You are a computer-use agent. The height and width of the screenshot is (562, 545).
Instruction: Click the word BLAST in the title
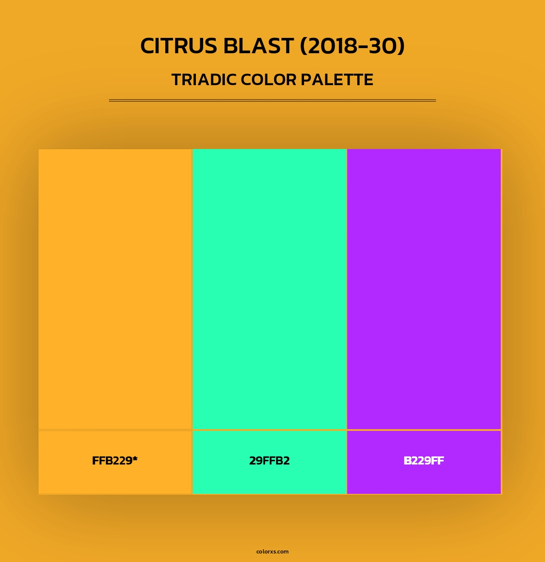click(x=258, y=46)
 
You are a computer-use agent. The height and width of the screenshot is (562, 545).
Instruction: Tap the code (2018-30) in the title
click(x=352, y=46)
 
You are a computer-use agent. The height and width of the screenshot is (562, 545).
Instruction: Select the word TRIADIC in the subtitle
click(x=204, y=80)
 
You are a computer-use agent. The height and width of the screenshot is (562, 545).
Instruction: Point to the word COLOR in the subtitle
click(x=268, y=80)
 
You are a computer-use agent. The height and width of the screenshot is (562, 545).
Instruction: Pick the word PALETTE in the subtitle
click(x=337, y=80)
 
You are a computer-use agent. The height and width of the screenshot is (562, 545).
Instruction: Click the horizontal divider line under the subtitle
click(x=272, y=100)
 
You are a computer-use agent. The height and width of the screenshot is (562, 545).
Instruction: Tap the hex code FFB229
click(x=112, y=461)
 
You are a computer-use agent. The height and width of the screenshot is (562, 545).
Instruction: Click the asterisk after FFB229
click(x=135, y=459)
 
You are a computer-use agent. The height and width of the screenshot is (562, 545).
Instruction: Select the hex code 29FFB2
click(x=270, y=461)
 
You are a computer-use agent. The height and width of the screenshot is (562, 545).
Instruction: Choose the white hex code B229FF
click(x=424, y=461)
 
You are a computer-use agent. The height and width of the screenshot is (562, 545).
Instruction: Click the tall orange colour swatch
click(x=115, y=289)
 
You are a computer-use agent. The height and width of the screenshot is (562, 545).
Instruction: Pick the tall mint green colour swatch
click(x=270, y=289)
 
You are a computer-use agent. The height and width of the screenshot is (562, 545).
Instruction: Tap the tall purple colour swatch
click(x=424, y=289)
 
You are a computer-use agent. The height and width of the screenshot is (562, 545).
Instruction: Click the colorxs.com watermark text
click(x=272, y=551)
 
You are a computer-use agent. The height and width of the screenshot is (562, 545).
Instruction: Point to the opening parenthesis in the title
click(x=304, y=46)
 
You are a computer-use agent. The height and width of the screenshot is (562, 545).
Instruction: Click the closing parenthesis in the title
click(x=400, y=46)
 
